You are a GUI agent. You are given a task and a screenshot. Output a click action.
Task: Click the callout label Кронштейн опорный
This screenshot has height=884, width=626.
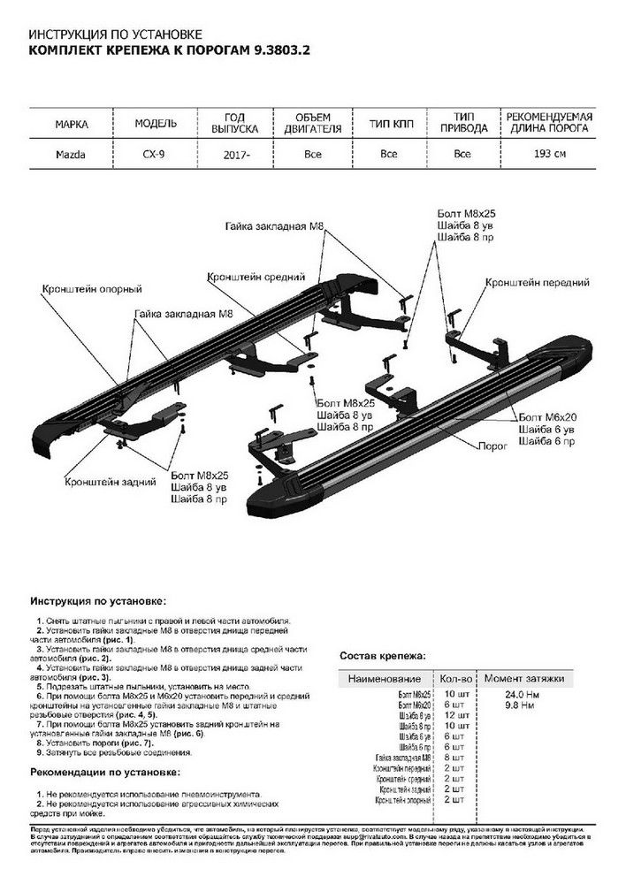pyautogui.click(x=91, y=289)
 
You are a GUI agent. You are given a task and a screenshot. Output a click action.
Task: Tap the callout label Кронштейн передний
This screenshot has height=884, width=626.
pyautogui.click(x=537, y=282)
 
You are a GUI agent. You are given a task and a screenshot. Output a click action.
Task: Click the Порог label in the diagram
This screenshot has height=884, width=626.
pyautogui.click(x=493, y=447)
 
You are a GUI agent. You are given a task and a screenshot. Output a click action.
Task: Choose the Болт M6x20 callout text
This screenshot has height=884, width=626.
pyautogui.click(x=550, y=415)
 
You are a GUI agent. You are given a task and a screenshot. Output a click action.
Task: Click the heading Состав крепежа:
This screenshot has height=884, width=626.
pyautogui.click(x=382, y=657)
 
